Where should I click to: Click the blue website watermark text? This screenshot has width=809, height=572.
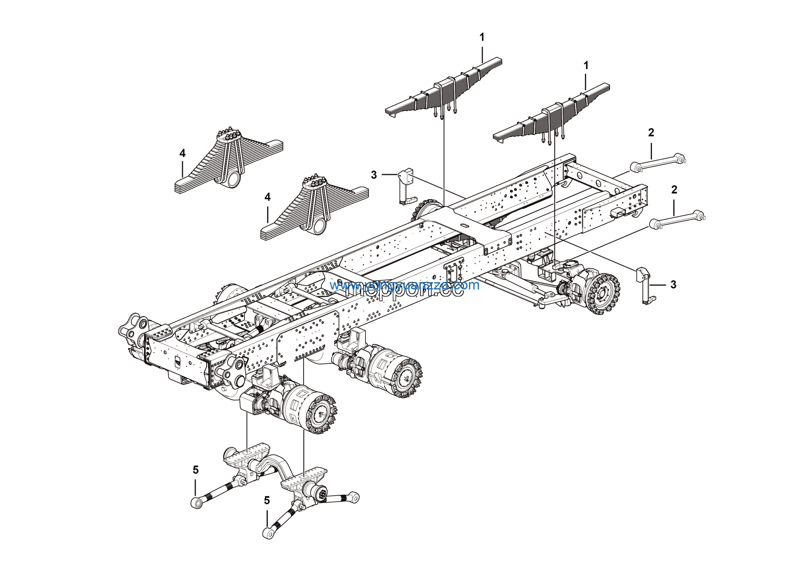pyautogui.click(x=404, y=285)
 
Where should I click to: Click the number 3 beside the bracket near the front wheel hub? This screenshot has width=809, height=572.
pyautogui.click(x=673, y=285)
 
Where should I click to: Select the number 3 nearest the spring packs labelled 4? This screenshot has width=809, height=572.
pyautogui.click(x=374, y=175)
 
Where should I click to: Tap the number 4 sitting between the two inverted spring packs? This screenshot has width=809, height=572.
pyautogui.click(x=267, y=197)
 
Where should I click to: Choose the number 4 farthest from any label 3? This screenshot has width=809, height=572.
pyautogui.click(x=182, y=153)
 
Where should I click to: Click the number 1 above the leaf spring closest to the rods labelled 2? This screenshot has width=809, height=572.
pyautogui.click(x=586, y=65)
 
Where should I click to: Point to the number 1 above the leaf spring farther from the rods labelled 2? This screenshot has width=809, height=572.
pyautogui.click(x=482, y=37)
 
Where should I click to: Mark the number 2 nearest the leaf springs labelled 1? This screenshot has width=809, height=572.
pyautogui.click(x=651, y=133)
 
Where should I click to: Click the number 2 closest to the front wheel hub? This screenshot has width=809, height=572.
pyautogui.click(x=674, y=190)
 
